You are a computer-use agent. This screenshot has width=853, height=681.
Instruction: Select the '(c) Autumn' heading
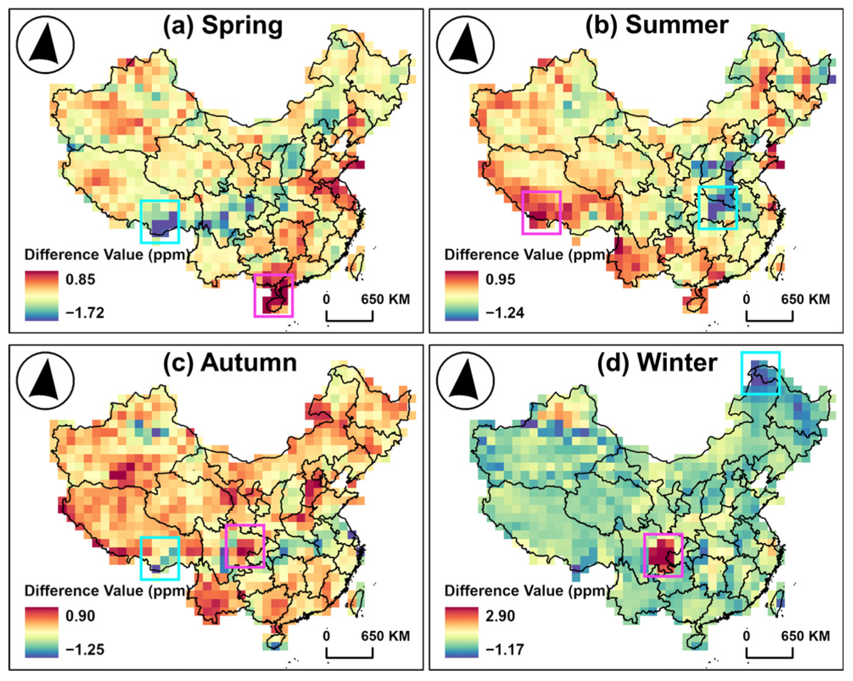tap(230, 363)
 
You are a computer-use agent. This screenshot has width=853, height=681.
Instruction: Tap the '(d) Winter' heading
tap(657, 363)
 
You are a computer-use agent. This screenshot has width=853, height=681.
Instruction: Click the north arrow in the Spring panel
tap(45, 45)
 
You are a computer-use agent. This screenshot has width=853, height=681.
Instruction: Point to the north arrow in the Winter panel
tap(466, 381)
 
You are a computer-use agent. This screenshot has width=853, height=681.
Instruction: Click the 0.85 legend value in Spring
tap(80, 280)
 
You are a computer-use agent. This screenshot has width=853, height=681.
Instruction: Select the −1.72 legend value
tap(85, 313)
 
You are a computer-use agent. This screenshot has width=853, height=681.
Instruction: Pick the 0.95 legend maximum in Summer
tap(500, 280)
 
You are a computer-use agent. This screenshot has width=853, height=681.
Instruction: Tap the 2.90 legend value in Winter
tap(500, 616)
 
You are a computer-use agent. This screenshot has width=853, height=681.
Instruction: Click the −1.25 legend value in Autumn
tap(85, 650)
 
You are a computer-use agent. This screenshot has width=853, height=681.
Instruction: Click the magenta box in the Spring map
tap(273, 295)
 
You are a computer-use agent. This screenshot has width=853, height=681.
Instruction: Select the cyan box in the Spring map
tap(160, 221)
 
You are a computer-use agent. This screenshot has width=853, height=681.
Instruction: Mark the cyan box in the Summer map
tap(718, 207)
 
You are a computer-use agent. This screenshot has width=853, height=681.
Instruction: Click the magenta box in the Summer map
tap(542, 213)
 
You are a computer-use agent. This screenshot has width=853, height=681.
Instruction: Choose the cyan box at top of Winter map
tap(761, 373)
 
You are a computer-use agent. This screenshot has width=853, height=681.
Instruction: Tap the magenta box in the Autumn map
tap(245, 546)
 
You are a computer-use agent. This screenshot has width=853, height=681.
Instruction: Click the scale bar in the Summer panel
tap(769, 317)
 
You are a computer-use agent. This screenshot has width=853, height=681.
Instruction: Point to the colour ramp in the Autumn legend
tap(41, 632)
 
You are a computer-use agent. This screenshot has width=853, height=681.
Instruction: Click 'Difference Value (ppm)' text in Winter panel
tap(526, 591)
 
